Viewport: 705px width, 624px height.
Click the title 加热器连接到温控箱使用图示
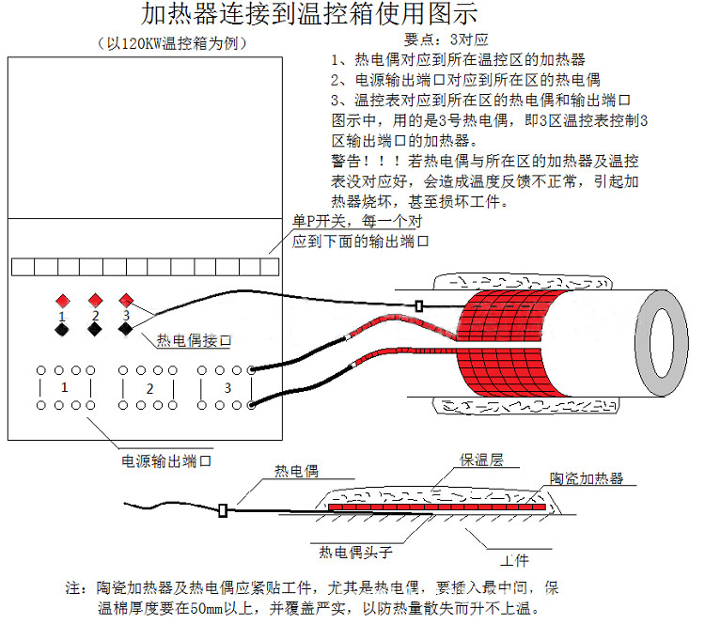pyautogui.click(x=310, y=16)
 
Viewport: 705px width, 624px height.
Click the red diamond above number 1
pyautogui.click(x=62, y=301)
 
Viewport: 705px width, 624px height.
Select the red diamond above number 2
pyautogui.click(x=94, y=301)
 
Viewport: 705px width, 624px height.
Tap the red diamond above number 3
pyautogui.click(x=126, y=301)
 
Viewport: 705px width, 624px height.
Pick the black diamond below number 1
pyautogui.click(x=62, y=330)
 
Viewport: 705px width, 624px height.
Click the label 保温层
pyautogui.click(x=481, y=460)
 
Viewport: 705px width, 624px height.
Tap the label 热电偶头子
pyautogui.click(x=355, y=552)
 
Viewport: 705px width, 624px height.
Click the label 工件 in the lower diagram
pyautogui.click(x=514, y=560)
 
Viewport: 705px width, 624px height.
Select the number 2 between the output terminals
pyautogui.click(x=149, y=387)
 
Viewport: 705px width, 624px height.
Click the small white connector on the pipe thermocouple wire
pyautogui.click(x=417, y=305)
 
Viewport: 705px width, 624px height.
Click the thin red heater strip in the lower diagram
pyautogui.click(x=438, y=507)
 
